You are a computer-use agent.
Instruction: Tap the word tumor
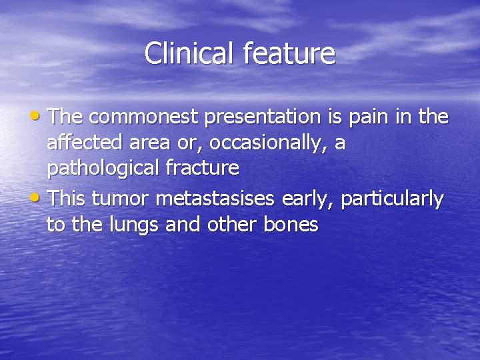(x=117, y=199)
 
